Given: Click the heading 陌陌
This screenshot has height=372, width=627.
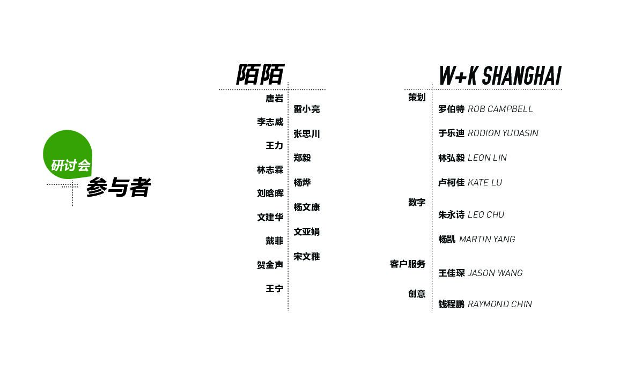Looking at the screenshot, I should click(x=260, y=75).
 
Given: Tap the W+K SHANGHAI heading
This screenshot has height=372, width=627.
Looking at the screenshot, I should click(x=500, y=76).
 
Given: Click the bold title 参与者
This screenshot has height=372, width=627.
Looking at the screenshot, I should click(x=119, y=188).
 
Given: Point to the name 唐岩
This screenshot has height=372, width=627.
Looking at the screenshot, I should click(x=274, y=99).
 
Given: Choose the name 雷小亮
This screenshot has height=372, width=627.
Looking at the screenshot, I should click(x=306, y=109).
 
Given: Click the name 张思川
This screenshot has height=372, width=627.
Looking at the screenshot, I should click(x=306, y=134).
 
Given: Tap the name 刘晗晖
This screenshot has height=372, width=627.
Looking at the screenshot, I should click(x=270, y=194).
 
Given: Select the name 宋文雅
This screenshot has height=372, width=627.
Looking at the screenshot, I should click(x=306, y=257).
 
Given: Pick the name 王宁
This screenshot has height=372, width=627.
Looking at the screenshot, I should click(x=274, y=289).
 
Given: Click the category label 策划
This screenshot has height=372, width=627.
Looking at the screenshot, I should click(x=417, y=98).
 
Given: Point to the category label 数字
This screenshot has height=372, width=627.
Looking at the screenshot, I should click(x=417, y=203).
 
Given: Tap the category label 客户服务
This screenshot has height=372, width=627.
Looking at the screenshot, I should click(x=408, y=264).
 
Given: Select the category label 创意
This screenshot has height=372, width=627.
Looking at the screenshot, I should click(x=417, y=294).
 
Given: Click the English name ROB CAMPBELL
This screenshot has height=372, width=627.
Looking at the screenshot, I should click(x=500, y=109).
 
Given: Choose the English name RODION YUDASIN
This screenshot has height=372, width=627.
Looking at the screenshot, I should click(x=503, y=133).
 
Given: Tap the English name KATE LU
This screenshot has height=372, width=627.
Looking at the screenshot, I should click(x=485, y=183).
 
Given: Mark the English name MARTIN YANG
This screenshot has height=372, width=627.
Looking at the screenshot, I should click(x=487, y=240).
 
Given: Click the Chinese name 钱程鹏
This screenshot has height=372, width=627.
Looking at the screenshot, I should click(x=451, y=304).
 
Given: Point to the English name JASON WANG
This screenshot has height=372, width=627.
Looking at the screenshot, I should click(x=495, y=273).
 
